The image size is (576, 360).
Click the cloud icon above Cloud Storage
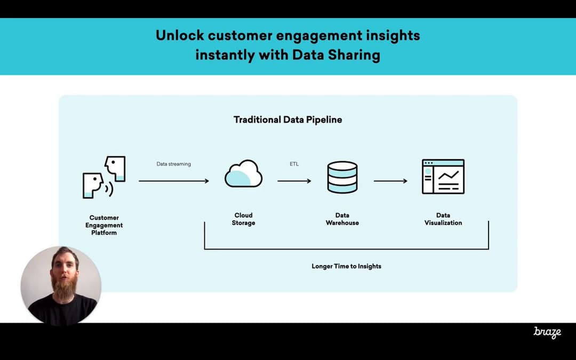point(243,174)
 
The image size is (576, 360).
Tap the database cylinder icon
point(342,177)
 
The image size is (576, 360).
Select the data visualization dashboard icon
point(443,177)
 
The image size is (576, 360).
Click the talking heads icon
point(105,177)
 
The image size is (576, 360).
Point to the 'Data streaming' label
point(173,164)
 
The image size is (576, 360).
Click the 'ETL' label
point(294,164)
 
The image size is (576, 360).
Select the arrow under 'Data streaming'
point(174,181)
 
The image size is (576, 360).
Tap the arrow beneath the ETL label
point(294,181)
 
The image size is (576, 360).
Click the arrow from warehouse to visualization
point(390,181)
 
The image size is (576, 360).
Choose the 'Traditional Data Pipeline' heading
point(288,119)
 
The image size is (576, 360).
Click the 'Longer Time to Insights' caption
point(347,266)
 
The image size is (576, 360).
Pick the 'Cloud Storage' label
point(243,219)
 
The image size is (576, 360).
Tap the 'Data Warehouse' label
point(342,219)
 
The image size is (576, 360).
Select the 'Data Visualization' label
point(443,219)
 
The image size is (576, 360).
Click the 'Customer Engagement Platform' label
point(104,225)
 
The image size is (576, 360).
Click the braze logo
point(547,332)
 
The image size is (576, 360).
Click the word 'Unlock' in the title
point(179,36)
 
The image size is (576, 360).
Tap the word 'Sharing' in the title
point(355,55)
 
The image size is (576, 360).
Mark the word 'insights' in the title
point(393,36)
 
